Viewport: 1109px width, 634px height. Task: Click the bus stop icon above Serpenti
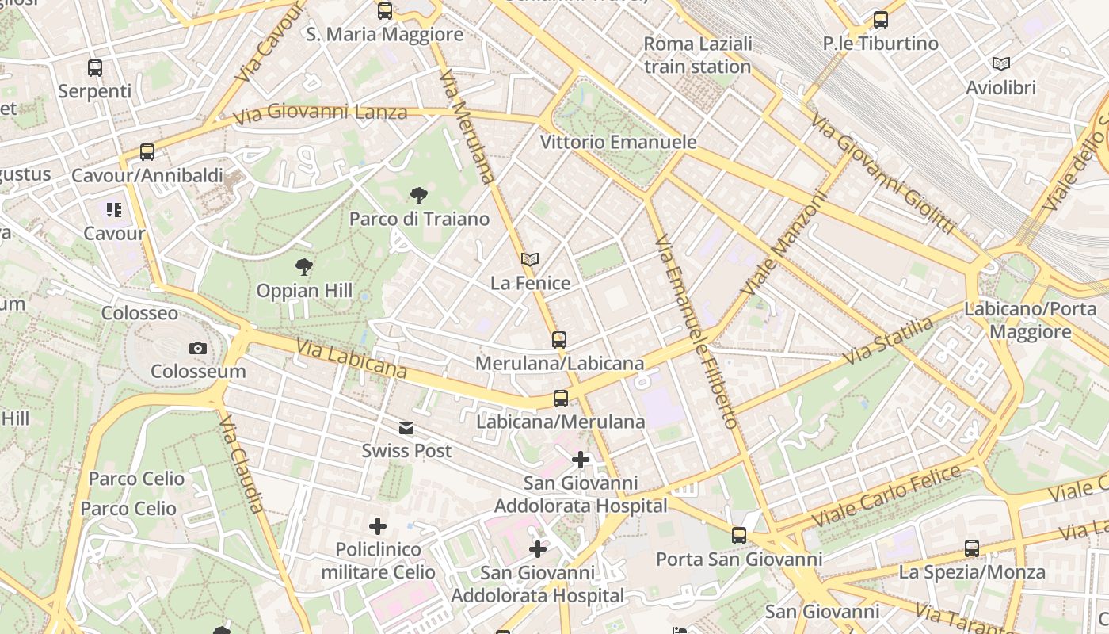click(x=95, y=68)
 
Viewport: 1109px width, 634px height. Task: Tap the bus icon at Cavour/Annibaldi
click(x=147, y=152)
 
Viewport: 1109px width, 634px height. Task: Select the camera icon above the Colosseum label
click(x=198, y=348)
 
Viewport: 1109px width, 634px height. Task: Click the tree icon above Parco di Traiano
click(x=418, y=196)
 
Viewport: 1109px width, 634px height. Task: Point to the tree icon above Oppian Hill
click(x=303, y=267)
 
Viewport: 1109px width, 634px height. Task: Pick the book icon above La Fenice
click(x=530, y=259)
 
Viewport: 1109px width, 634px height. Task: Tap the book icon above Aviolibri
click(x=1001, y=64)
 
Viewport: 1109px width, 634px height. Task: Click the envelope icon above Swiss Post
click(x=406, y=428)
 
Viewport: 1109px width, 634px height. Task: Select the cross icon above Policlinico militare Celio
click(x=378, y=526)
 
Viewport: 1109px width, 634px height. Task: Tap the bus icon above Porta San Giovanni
click(x=739, y=536)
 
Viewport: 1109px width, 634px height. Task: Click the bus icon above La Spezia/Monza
click(x=972, y=548)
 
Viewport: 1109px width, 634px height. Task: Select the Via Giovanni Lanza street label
click(x=320, y=113)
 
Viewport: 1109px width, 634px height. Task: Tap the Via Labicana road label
click(x=352, y=359)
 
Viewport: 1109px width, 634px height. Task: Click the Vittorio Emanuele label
click(x=618, y=143)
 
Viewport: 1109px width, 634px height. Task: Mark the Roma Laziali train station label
click(x=697, y=55)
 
